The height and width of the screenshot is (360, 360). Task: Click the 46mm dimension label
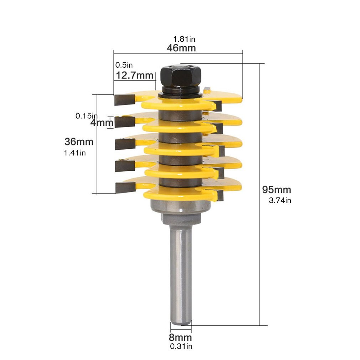(181, 48)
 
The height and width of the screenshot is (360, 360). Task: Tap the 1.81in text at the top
(184, 39)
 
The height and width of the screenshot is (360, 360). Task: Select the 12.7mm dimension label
(134, 76)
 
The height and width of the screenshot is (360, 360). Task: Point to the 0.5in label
(124, 65)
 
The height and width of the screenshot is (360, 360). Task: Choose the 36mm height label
(79, 142)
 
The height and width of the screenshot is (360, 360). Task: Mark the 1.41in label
(75, 153)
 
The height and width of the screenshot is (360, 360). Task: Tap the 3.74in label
(280, 200)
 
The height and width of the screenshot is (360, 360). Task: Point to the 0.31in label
(180, 346)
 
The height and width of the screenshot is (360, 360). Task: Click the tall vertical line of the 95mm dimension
(259, 250)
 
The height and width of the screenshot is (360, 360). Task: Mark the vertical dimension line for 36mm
(97, 164)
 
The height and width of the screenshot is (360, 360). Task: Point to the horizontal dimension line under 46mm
(178, 54)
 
